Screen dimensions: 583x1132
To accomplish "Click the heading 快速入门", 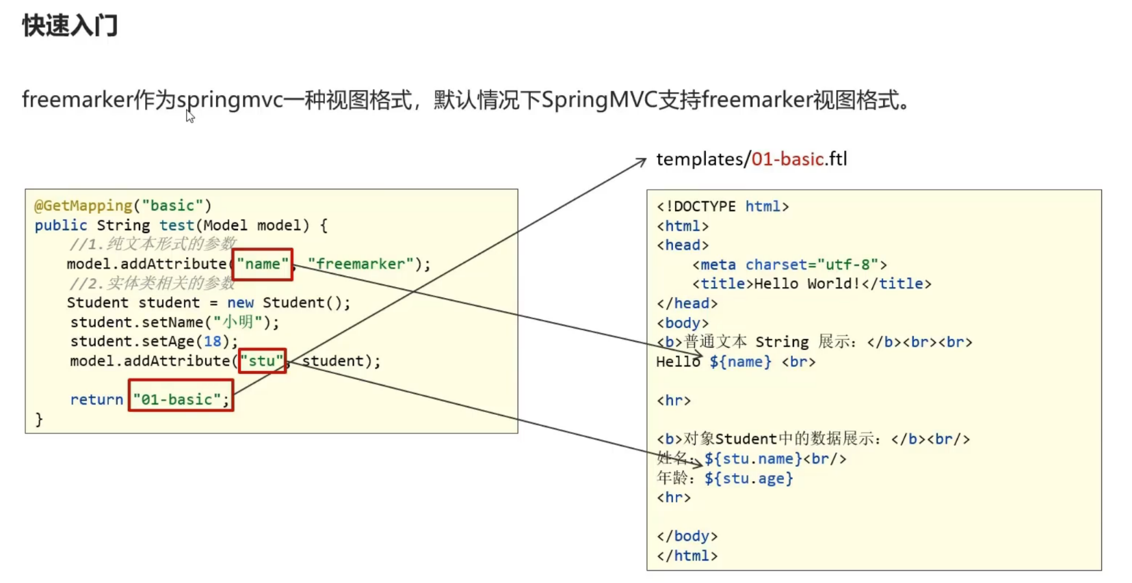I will click(x=70, y=26).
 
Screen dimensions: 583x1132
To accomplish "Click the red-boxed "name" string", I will click(x=263, y=265).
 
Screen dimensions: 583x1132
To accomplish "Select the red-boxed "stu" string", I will click(x=262, y=361).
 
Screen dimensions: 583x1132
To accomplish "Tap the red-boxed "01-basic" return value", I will click(x=181, y=399).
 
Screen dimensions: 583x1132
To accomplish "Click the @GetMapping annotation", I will click(x=83, y=206).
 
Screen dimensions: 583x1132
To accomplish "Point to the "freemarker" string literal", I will click(x=360, y=264).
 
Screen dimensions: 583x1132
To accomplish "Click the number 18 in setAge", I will click(x=213, y=341).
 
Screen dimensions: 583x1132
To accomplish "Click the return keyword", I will click(x=96, y=400).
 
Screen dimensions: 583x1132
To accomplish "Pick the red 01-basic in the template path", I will click(x=787, y=159).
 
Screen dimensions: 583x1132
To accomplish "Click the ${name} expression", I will click(x=740, y=362).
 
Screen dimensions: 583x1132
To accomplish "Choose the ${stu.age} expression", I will click(x=748, y=478).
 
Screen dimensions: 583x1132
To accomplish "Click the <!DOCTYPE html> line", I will click(x=722, y=206).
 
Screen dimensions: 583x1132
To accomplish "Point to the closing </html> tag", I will click(x=687, y=556).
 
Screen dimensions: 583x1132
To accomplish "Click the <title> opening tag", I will click(x=722, y=284).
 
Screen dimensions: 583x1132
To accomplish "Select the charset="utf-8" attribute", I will click(x=811, y=265).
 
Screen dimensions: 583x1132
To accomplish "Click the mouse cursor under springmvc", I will click(x=190, y=116).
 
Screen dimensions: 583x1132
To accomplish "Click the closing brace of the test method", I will click(x=39, y=419).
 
